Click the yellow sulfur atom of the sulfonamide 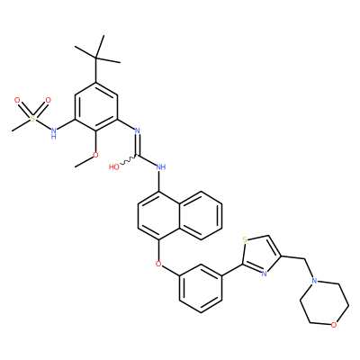pyautogui.click(x=33, y=119)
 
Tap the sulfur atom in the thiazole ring pyautogui.click(x=245, y=239)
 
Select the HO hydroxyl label pyautogui.click(x=114, y=166)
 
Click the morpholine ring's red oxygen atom pyautogui.click(x=334, y=325)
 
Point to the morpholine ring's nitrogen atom pyautogui.click(x=314, y=281)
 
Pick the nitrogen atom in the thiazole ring pyautogui.click(x=264, y=274)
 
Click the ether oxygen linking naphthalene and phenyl pyautogui.click(x=158, y=265)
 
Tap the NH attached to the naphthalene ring pyautogui.click(x=161, y=166)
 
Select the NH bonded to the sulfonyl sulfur pyautogui.click(x=54, y=133)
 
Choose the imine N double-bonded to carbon pyautogui.click(x=138, y=130)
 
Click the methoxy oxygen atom pyautogui.click(x=95, y=155)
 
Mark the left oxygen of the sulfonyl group pyautogui.click(x=17, y=100)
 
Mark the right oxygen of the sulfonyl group pyautogui.click(x=48, y=100)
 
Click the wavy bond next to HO pyautogui.click(x=129, y=160)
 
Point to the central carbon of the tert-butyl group pyautogui.click(x=95, y=58)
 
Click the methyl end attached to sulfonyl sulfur pyautogui.click(x=13, y=130)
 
